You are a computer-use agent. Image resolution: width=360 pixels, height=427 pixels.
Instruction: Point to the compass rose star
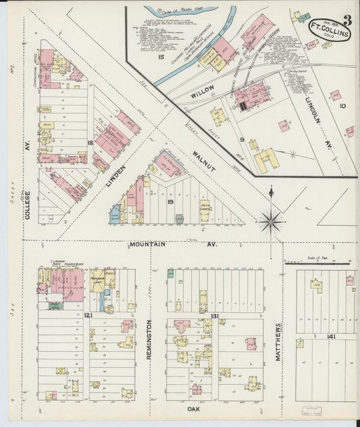click(271, 220)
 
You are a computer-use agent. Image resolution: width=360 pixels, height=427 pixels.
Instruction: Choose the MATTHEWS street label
click(278, 341)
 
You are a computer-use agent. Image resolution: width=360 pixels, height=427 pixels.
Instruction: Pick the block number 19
click(171, 202)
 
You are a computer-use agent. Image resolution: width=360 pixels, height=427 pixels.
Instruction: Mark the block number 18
click(90, 143)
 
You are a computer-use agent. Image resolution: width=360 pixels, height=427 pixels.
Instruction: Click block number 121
click(88, 316)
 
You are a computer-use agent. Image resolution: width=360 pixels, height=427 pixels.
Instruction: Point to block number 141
click(331, 336)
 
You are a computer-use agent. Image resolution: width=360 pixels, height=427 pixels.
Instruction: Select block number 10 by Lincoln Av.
click(343, 105)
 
